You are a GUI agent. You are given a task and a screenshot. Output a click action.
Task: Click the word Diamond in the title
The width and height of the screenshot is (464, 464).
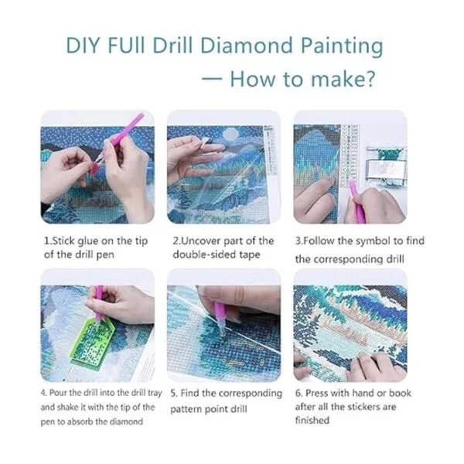pos(247,46)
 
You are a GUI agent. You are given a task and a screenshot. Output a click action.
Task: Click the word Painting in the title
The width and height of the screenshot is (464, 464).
pos(342,47)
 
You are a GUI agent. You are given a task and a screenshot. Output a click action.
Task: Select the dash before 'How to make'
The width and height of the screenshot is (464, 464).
pos(212,79)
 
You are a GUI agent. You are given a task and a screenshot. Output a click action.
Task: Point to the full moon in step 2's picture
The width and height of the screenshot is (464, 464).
pos(230,134)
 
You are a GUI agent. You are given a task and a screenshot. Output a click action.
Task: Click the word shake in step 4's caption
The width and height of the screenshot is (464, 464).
pos(66,408)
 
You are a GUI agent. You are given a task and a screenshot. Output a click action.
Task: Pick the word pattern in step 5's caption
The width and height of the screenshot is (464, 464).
pos(187,409)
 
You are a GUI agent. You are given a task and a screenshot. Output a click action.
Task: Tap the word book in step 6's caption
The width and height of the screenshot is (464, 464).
pos(400,393)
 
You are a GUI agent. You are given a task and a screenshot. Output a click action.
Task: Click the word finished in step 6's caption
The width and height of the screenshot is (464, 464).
pos(312,420)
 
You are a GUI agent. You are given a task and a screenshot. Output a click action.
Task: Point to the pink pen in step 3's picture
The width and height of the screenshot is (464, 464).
pos(357,202)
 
